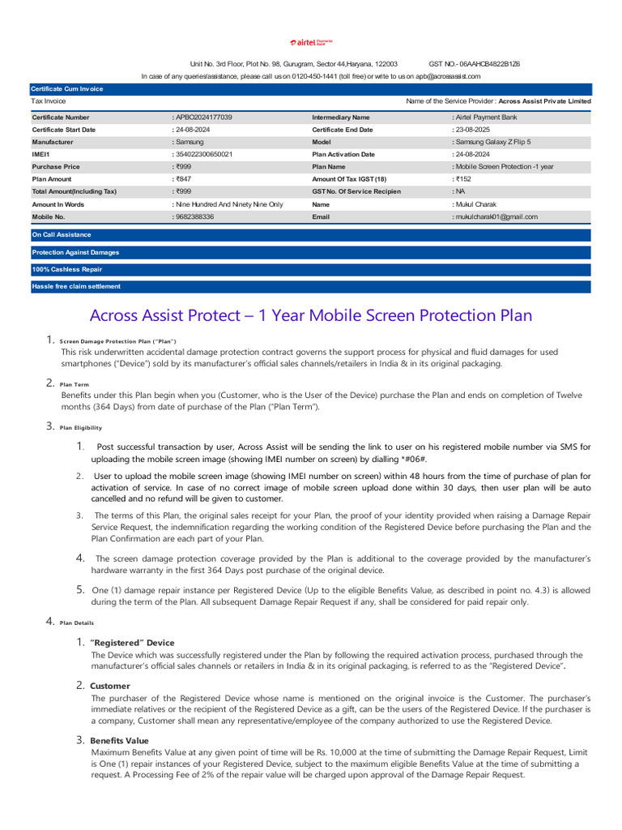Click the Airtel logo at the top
click(x=311, y=41)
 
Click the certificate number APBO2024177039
click(x=203, y=118)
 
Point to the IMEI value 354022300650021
click(x=203, y=154)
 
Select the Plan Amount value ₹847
click(x=183, y=179)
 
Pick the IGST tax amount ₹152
click(x=463, y=179)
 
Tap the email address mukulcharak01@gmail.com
click(x=496, y=217)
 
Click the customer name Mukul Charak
click(x=476, y=204)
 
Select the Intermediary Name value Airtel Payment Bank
click(x=486, y=118)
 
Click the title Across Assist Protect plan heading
click(x=311, y=315)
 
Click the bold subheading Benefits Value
click(x=119, y=740)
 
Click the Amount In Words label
click(x=58, y=204)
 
